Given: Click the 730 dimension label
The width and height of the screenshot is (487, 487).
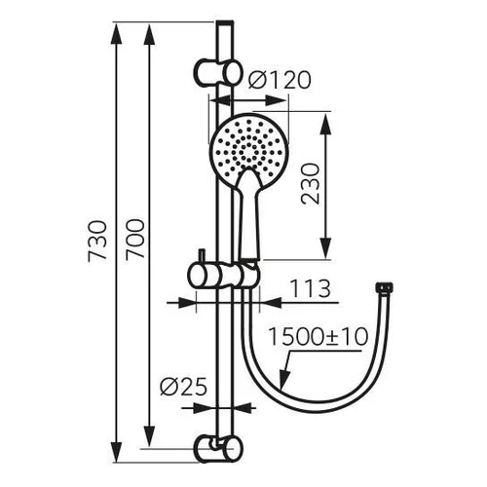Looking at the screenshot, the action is pos(97,242).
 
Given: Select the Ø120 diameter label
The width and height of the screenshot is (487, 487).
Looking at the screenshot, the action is pos(280,80).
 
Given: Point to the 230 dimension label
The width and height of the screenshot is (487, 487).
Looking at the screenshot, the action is pos(310,184).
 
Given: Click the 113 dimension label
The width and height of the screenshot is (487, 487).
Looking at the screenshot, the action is pos(310,288).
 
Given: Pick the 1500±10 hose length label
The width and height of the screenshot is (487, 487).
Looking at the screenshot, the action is pos(318,337).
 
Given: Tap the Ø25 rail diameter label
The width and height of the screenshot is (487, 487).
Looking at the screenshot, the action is pos(183,387).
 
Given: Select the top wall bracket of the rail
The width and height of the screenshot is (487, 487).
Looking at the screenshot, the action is pos(218,72).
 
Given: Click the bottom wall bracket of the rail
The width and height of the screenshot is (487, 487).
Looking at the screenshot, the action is pos(218,448).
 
